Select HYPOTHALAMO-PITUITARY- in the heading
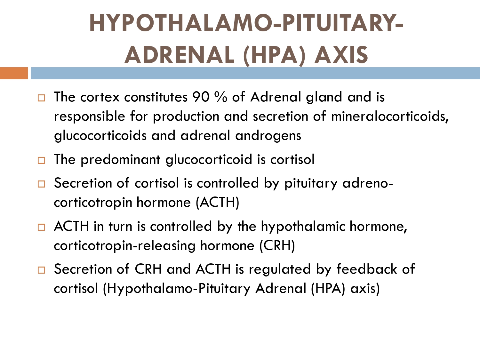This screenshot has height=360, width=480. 246,23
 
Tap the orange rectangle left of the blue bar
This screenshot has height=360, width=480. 14,73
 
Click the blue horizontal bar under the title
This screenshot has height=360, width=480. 255,73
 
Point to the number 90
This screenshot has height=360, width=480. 201,97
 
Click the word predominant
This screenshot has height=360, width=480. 120,160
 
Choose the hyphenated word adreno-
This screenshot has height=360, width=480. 368,183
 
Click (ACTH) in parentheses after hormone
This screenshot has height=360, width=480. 218,203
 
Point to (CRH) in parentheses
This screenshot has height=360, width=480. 277,246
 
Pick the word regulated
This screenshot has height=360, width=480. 280,270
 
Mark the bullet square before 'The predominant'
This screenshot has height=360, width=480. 41,160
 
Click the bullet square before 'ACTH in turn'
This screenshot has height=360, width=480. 41,227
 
